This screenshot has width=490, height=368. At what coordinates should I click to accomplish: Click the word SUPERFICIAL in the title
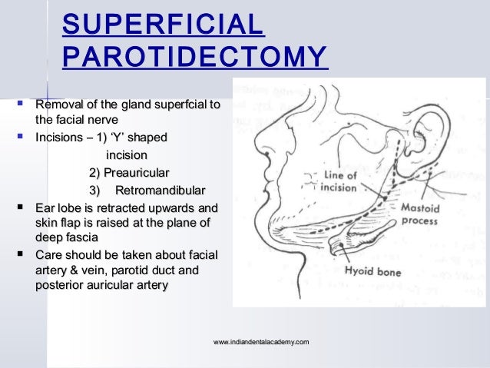pyautogui.click(x=163, y=25)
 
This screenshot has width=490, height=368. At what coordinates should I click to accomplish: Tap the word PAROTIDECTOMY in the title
pyautogui.click(x=194, y=57)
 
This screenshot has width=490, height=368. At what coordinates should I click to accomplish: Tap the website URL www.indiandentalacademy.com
pyautogui.click(x=263, y=340)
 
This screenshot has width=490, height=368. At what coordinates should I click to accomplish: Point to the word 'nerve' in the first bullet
pyautogui.click(x=107, y=120)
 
